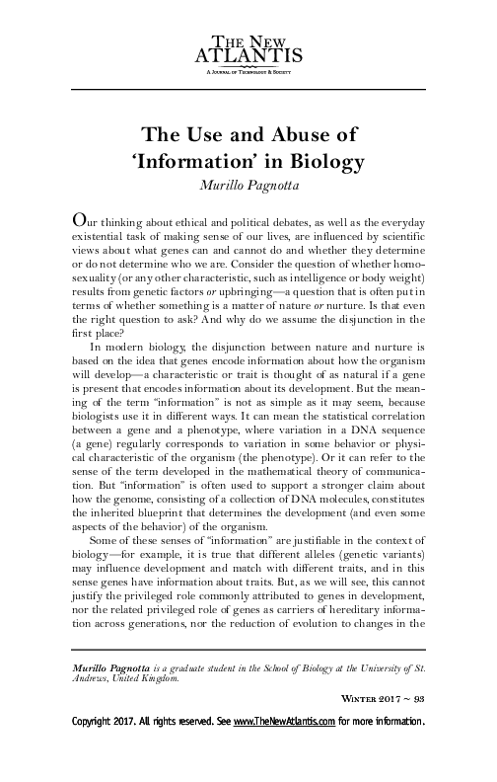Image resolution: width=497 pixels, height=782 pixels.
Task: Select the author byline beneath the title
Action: click(248, 184)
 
